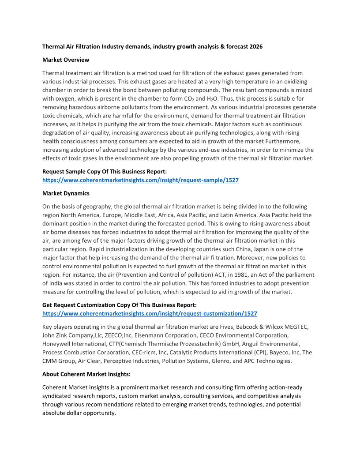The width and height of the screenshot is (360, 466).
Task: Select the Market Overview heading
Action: pyautogui.click(x=66, y=60)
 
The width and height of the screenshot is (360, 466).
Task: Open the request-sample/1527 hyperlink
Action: pyautogui.click(x=140, y=180)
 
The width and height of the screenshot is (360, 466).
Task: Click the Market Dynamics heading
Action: pyautogui.click(x=66, y=193)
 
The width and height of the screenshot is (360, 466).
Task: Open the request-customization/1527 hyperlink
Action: pyautogui.click(x=150, y=313)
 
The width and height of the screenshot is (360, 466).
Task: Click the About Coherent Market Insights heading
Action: pyautogui.click(x=86, y=374)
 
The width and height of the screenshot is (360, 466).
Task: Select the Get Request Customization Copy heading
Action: pyautogui.click(x=119, y=305)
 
